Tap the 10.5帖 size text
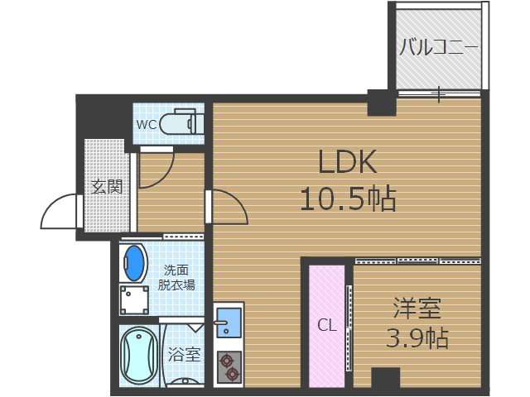tap(347, 198)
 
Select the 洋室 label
tap(416, 309)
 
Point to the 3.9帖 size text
tap(417, 337)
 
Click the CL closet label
tap(327, 325)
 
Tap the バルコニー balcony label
tap(438, 47)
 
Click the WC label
tap(147, 125)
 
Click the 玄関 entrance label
tap(107, 187)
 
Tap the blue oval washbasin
tap(134, 263)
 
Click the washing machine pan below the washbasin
tap(134, 299)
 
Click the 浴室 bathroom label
tap(184, 356)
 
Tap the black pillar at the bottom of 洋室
tap(385, 380)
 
